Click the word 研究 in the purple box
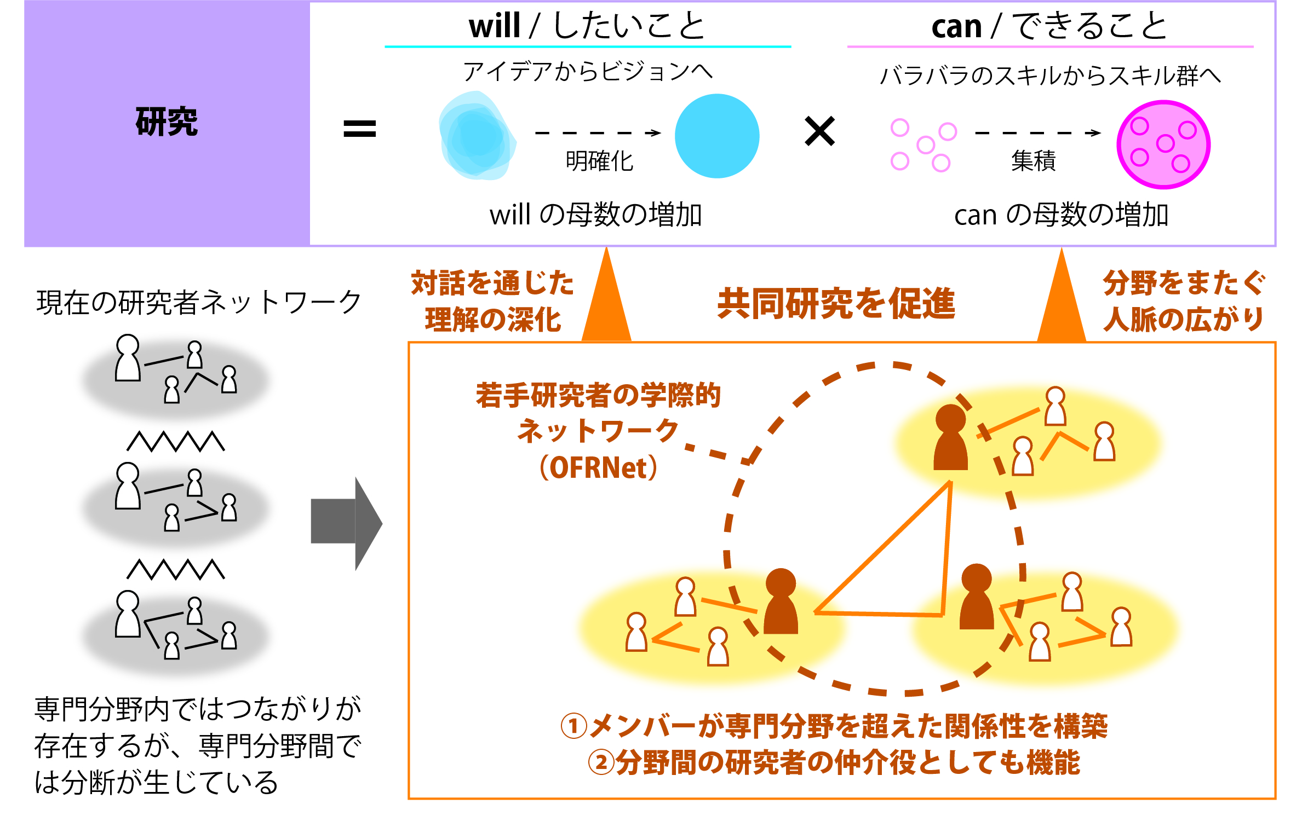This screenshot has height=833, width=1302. pyautogui.click(x=167, y=121)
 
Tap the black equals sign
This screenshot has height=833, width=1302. pyautogui.click(x=359, y=129)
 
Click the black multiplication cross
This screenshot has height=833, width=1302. pyautogui.click(x=819, y=131)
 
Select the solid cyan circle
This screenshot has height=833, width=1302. pyautogui.click(x=717, y=136)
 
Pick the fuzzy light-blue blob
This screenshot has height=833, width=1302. pyautogui.click(x=477, y=136)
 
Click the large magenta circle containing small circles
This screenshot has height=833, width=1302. pyautogui.click(x=1163, y=144)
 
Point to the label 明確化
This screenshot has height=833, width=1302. pyautogui.click(x=599, y=161)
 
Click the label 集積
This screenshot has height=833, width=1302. pyautogui.click(x=1033, y=160)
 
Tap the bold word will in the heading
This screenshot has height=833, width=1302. pyautogui.click(x=494, y=26)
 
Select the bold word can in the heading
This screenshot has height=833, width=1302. pyautogui.click(x=956, y=27)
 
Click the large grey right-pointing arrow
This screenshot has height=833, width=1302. pyautogui.click(x=346, y=524)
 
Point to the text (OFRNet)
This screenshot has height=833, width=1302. pyautogui.click(x=598, y=467)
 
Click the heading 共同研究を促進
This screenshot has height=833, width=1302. pyautogui.click(x=836, y=303)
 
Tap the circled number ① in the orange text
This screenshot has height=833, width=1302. pyautogui.click(x=574, y=726)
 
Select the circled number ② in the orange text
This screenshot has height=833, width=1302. pyautogui.click(x=601, y=762)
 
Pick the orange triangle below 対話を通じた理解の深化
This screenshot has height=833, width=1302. pyautogui.click(x=606, y=306)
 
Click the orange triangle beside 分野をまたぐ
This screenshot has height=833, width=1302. pyautogui.click(x=1062, y=306)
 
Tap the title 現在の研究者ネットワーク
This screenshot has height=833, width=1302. pyautogui.click(x=199, y=302)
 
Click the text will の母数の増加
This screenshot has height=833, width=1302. pyautogui.click(x=596, y=214)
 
